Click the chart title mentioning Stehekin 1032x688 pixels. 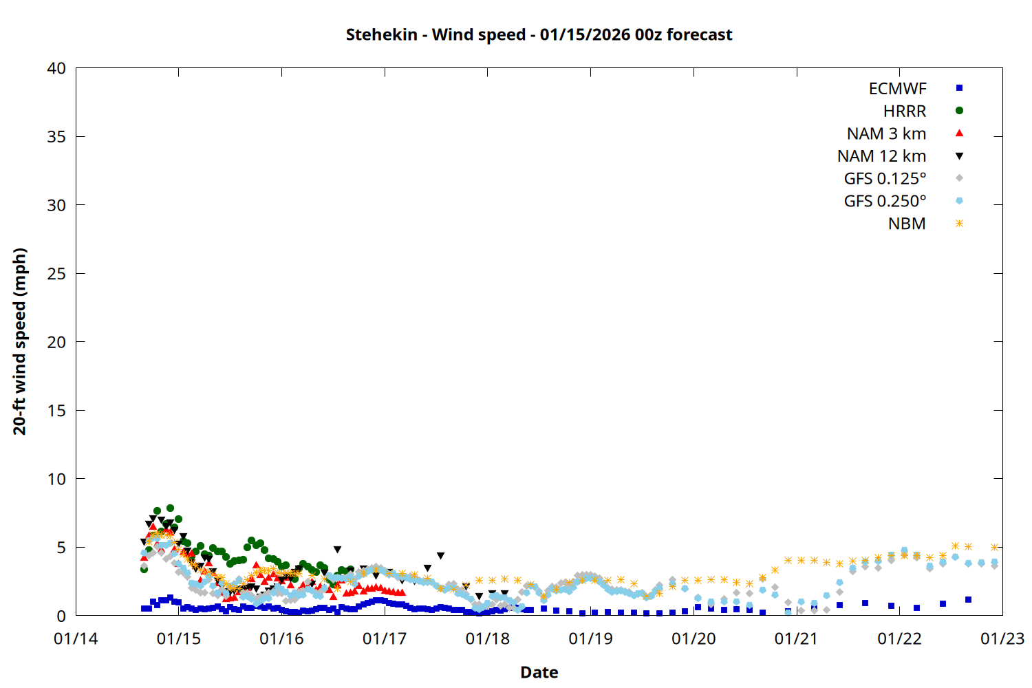[539, 34]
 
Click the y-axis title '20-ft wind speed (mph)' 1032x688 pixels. [19, 341]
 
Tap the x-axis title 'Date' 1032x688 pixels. [539, 672]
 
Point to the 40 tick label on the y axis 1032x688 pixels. [56, 68]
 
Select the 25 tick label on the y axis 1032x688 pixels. [56, 273]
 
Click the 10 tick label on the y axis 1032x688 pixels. [56, 479]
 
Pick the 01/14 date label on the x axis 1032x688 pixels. [76, 639]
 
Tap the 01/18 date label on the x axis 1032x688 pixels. [488, 639]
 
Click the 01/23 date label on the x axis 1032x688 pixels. [1002, 639]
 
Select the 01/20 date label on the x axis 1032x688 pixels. [694, 639]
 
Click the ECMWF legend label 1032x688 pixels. [897, 89]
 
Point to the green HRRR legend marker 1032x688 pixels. [959, 111]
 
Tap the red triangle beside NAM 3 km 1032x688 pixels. [959, 133]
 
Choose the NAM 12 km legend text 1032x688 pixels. [881, 156]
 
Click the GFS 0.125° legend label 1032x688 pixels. [885, 179]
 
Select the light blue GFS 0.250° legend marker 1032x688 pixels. [959, 201]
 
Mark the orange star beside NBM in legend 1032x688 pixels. [959, 224]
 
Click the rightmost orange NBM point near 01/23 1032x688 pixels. [994, 547]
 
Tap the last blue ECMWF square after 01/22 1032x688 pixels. [968, 600]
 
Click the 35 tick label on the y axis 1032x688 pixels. [56, 136]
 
